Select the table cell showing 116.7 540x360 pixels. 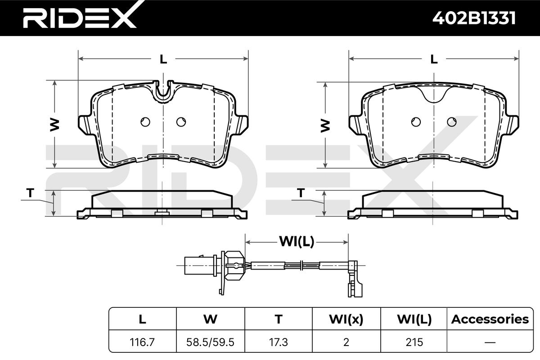(142, 342)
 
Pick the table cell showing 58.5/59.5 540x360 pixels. (210, 342)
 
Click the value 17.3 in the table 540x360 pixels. (279, 342)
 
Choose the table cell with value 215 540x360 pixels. (414, 342)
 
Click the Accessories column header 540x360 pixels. (490, 319)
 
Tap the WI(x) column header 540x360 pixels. (346, 319)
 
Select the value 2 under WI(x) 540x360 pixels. (346, 342)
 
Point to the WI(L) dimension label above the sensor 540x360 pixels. (297, 241)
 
